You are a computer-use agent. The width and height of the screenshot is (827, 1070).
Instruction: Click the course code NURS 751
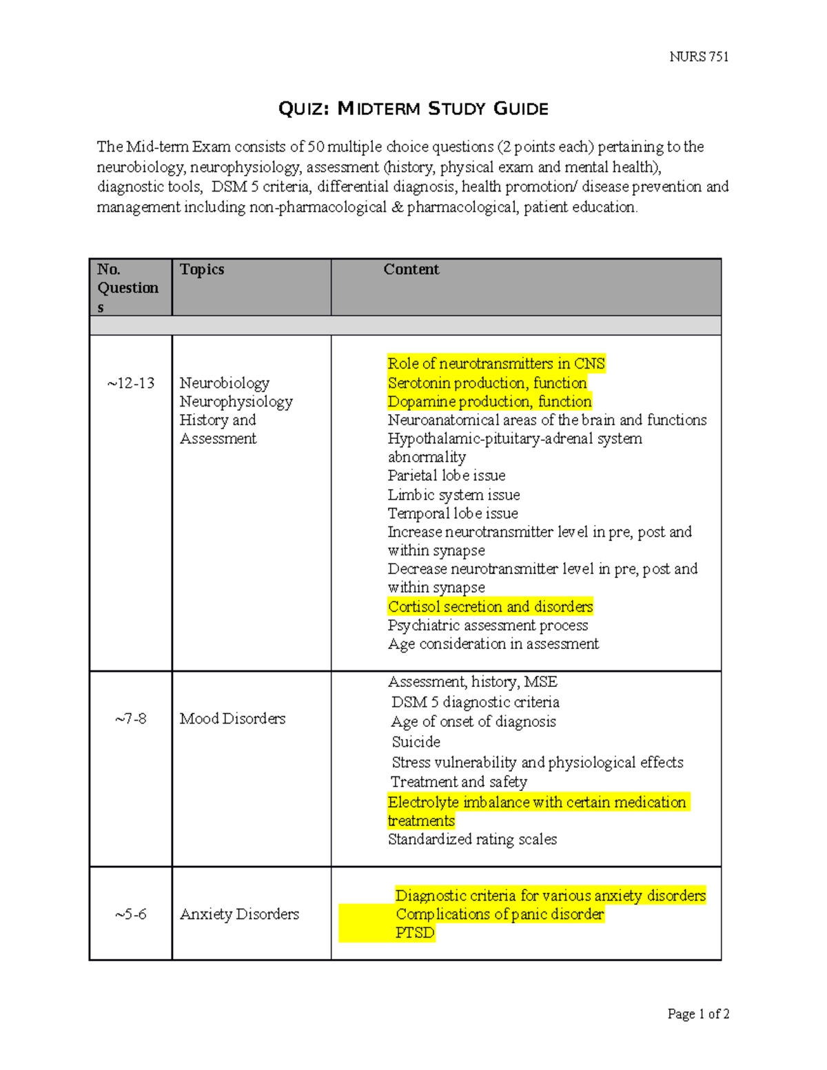coord(698,57)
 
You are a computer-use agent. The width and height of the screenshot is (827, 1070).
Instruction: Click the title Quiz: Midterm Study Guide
coord(413,109)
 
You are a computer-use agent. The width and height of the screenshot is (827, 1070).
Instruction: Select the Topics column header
coord(202,269)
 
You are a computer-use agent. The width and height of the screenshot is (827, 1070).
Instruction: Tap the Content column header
coord(411,269)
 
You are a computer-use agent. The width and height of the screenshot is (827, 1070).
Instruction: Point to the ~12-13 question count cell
coord(131,383)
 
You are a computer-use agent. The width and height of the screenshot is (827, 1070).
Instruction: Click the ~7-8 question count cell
coord(131,719)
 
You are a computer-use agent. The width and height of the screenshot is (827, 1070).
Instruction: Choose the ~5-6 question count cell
coord(131,914)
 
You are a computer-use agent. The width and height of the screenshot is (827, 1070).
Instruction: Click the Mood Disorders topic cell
coord(232,719)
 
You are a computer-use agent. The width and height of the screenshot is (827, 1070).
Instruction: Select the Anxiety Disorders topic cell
coord(239,914)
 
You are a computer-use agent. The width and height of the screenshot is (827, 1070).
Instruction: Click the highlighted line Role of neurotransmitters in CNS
coord(496,364)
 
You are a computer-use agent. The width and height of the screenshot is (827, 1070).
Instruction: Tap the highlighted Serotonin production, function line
coord(487,383)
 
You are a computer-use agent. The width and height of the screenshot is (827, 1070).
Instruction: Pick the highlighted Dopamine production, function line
coord(489,402)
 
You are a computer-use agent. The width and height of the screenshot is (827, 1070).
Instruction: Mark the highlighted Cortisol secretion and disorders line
coord(490,606)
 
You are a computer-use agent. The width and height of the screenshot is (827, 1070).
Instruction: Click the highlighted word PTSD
coord(415,933)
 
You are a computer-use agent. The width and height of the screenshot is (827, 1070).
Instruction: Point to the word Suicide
coord(416,742)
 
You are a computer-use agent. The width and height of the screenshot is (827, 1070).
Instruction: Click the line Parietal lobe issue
coord(446,475)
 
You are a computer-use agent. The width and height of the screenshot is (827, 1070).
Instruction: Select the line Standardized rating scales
coord(472,839)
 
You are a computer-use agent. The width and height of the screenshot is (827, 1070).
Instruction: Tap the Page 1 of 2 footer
coord(697,1014)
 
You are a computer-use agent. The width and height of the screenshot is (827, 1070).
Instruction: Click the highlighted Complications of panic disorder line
coord(500,914)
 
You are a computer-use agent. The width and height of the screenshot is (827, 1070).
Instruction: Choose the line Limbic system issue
coord(453,495)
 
